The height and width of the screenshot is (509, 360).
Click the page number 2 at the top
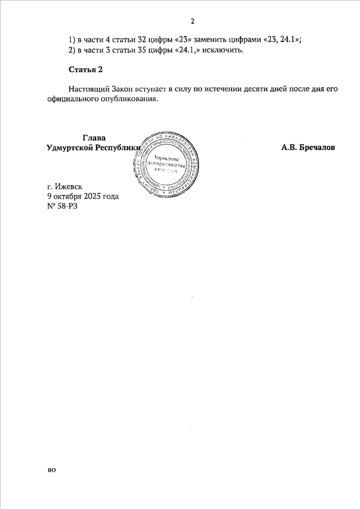(x=192, y=22)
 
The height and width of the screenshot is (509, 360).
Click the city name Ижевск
(x=69, y=186)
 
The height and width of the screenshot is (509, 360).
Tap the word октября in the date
(x=67, y=196)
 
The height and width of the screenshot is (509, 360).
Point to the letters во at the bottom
(x=52, y=469)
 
